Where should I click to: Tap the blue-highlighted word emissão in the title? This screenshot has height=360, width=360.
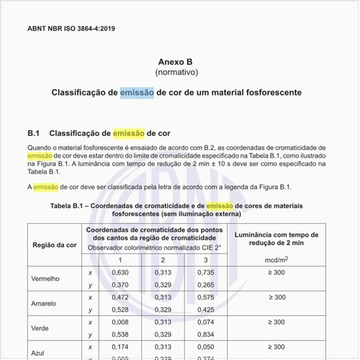point(137,93)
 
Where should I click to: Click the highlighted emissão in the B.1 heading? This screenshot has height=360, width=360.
point(129,134)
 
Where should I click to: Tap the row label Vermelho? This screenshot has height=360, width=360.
point(45,278)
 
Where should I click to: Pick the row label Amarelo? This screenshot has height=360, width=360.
point(44,303)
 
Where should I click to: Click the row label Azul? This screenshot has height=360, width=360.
point(39,352)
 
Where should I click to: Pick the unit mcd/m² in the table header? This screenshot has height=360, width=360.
point(276,260)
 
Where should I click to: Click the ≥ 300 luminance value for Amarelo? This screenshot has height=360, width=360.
point(276,297)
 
